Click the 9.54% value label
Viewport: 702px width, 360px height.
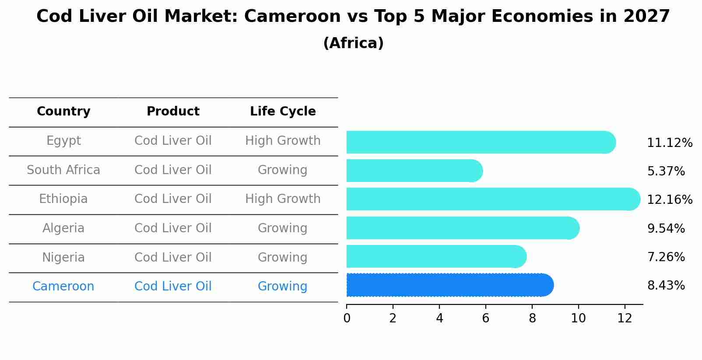coord(666,228)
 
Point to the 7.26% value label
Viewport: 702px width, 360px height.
coord(666,257)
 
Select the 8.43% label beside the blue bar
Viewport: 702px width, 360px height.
coord(666,286)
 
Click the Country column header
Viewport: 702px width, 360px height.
coord(63,112)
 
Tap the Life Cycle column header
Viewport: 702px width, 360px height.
coord(283,112)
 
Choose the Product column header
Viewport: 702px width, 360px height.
coord(173,112)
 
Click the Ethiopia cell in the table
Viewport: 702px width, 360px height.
coord(63,199)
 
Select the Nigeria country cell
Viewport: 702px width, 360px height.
coord(63,257)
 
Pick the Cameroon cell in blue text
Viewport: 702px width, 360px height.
coord(63,287)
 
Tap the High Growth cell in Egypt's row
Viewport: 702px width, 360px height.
coord(283,141)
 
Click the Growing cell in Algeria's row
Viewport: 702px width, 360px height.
coord(283,228)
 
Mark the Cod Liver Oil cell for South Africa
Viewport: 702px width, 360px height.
coord(173,170)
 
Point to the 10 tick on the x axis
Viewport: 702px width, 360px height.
coord(578,318)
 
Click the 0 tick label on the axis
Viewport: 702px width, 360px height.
coord(347,318)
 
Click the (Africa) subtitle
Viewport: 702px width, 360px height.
coord(353,43)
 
